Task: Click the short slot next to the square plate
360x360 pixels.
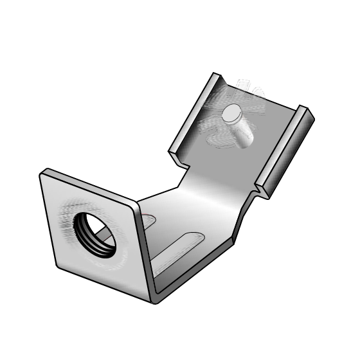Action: [148, 222]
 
